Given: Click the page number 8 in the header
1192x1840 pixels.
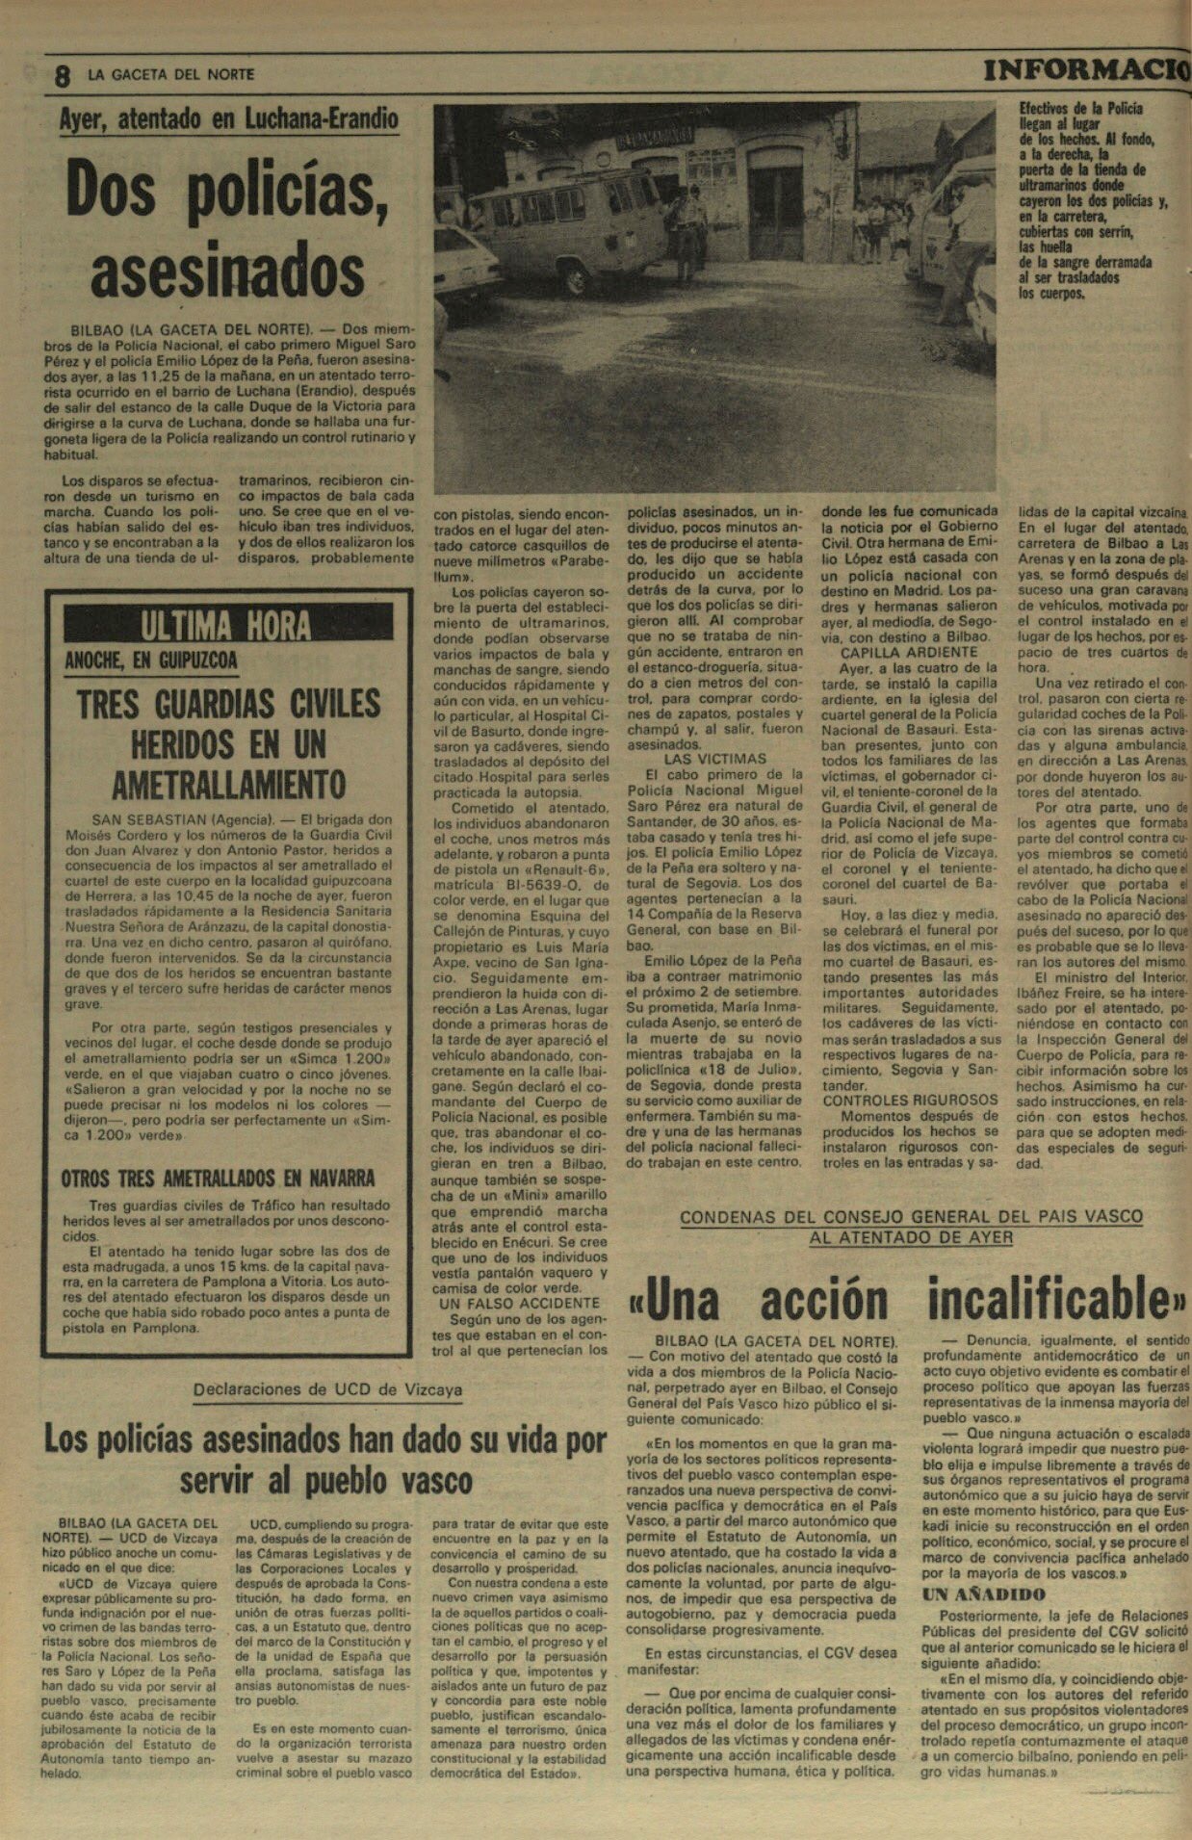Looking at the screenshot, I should click(63, 76).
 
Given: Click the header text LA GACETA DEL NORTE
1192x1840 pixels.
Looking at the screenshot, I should click(171, 74).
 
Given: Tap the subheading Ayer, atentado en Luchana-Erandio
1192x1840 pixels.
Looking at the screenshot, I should click(228, 119).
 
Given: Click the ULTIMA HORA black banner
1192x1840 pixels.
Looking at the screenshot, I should click(228, 626).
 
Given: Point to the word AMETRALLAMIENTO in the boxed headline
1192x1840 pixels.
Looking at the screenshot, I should click(228, 785).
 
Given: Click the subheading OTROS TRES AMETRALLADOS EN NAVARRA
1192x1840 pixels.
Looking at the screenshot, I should click(218, 1179).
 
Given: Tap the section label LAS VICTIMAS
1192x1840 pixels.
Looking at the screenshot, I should click(714, 759).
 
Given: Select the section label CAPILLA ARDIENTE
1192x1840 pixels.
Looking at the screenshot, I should click(895, 652).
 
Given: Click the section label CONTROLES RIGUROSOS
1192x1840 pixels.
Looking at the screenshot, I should click(910, 1100).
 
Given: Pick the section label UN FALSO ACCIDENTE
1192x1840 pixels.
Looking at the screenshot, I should click(519, 1303).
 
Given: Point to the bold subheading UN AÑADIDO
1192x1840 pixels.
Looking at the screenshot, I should click(983, 1594).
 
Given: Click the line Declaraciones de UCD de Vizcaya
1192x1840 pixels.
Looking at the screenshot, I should click(327, 1389).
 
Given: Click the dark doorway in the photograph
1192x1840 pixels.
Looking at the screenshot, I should click(776, 212).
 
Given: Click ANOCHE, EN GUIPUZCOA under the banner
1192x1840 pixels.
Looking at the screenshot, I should click(150, 661).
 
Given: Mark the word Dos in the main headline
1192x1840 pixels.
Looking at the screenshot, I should click(109, 190).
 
